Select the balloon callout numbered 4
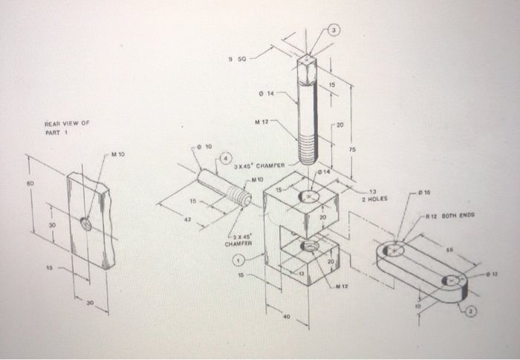coord(224,159)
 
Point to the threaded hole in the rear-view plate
coord(87,223)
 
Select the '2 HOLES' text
coord(374,198)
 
